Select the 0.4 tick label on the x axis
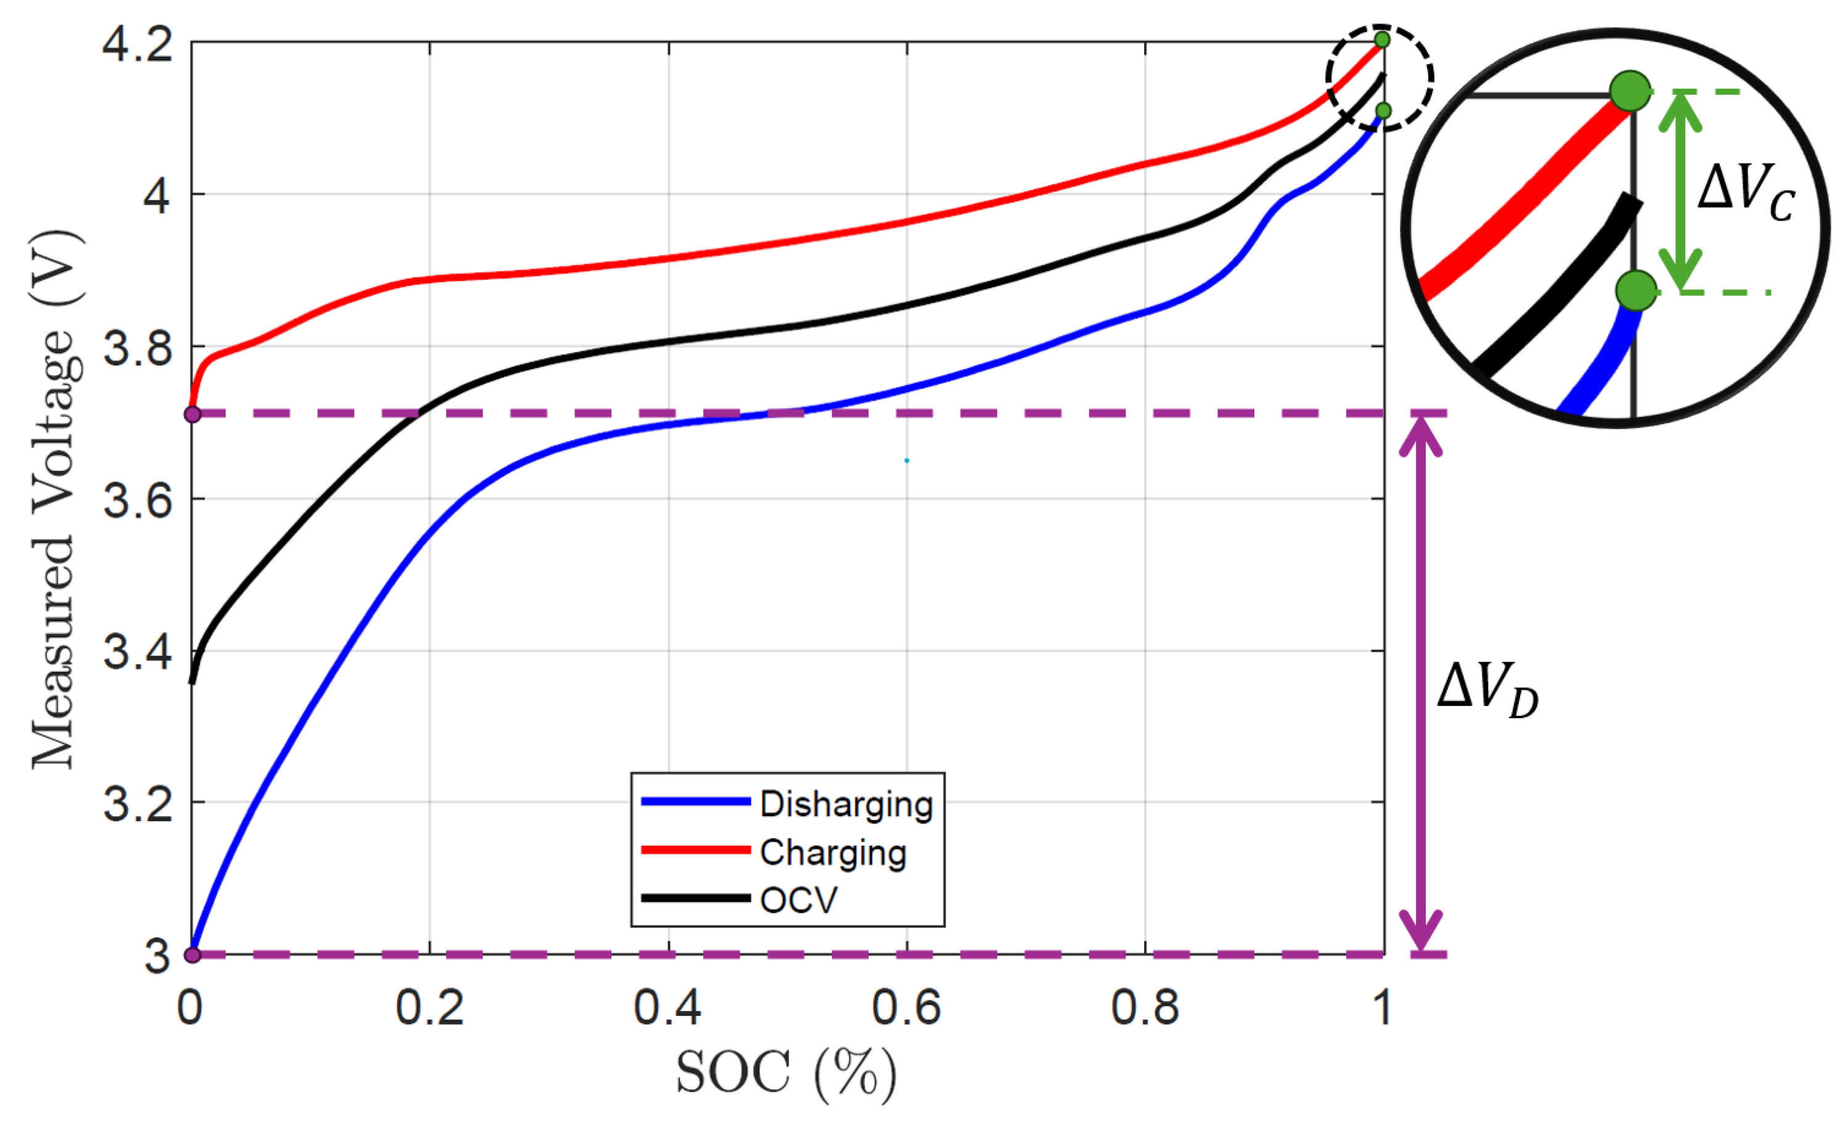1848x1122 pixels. coord(668,1007)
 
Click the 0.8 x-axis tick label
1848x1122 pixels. coord(1145,1007)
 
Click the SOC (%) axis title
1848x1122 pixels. coord(786,1073)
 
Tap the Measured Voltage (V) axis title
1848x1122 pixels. coord(54,499)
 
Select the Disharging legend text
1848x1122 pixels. coord(846,804)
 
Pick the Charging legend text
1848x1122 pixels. coord(833,853)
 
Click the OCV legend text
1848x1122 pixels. coord(798,900)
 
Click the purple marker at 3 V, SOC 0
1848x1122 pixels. coord(193,955)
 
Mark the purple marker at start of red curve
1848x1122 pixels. coord(193,414)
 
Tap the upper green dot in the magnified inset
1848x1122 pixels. coord(1630,91)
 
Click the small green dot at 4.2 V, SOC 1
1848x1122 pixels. coord(1382,39)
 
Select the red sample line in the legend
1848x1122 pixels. coord(695,850)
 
